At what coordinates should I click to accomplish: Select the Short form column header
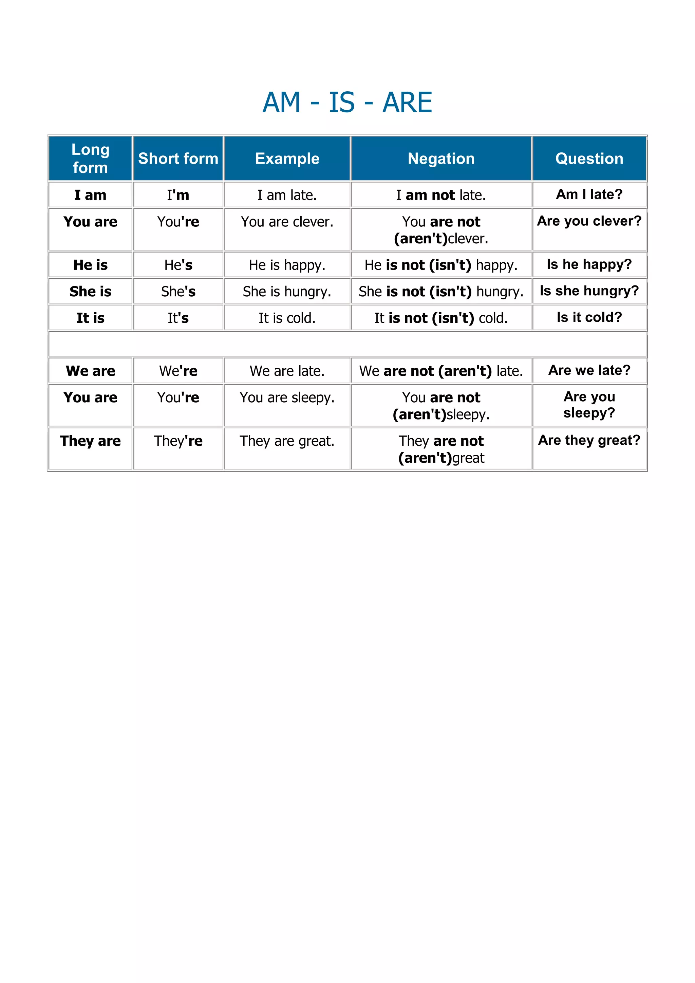pyautogui.click(x=178, y=159)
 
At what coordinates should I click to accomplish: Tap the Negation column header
pyautogui.click(x=441, y=159)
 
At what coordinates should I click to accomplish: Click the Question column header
pyautogui.click(x=589, y=159)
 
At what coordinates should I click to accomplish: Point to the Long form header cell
pyautogui.click(x=90, y=159)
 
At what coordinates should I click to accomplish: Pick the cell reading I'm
pyautogui.click(x=178, y=195)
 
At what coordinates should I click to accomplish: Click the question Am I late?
pyautogui.click(x=589, y=194)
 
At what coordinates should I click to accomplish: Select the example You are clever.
pyautogui.click(x=287, y=222)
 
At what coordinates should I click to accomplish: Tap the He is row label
pyautogui.click(x=90, y=265)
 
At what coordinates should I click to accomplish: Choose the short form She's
pyautogui.click(x=178, y=292)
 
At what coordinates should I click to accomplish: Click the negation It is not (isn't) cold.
pyautogui.click(x=441, y=318)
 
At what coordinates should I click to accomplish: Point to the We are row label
pyautogui.click(x=90, y=371)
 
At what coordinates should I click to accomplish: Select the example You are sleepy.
pyautogui.click(x=287, y=397)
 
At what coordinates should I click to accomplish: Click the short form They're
pyautogui.click(x=178, y=441)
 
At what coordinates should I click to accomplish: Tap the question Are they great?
pyautogui.click(x=589, y=440)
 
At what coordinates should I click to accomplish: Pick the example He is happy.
pyautogui.click(x=287, y=265)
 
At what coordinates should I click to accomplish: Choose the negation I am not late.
pyautogui.click(x=441, y=195)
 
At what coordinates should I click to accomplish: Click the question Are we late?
pyautogui.click(x=589, y=370)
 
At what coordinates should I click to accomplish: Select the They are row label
pyautogui.click(x=90, y=441)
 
